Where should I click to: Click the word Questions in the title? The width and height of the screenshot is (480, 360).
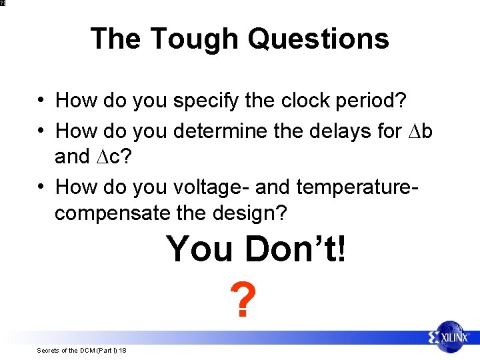click(318, 39)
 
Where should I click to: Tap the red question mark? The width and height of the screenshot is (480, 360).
click(242, 301)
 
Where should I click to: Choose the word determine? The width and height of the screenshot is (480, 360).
click(217, 131)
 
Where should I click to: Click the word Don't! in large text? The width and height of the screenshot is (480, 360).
click(296, 249)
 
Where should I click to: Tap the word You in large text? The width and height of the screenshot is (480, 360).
click(201, 249)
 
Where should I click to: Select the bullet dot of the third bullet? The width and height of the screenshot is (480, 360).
click(41, 187)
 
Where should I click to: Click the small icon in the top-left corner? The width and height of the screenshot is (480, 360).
click(3, 3)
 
